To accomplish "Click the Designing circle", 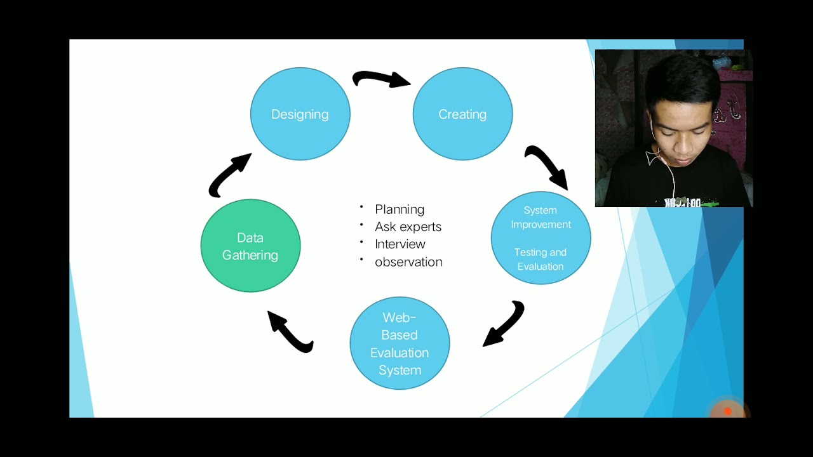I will [300, 114].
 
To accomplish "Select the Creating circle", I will [462, 114].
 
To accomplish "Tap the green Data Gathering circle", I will [250, 246].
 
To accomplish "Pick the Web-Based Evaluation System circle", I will [400, 343].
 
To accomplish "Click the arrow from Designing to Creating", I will [381, 79].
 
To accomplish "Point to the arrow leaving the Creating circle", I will [546, 166].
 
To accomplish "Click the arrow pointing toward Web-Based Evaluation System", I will [504, 324].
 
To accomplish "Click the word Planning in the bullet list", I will [400, 209].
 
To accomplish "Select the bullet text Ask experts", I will [408, 227].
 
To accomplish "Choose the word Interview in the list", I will [400, 244].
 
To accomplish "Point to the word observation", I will [408, 262].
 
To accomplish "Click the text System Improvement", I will [541, 217].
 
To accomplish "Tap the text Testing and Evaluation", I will [541, 259].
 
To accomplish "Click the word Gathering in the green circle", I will [250, 255].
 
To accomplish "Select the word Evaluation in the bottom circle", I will [400, 353].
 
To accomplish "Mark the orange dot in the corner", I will [728, 411].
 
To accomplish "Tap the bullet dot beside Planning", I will [361, 208].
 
